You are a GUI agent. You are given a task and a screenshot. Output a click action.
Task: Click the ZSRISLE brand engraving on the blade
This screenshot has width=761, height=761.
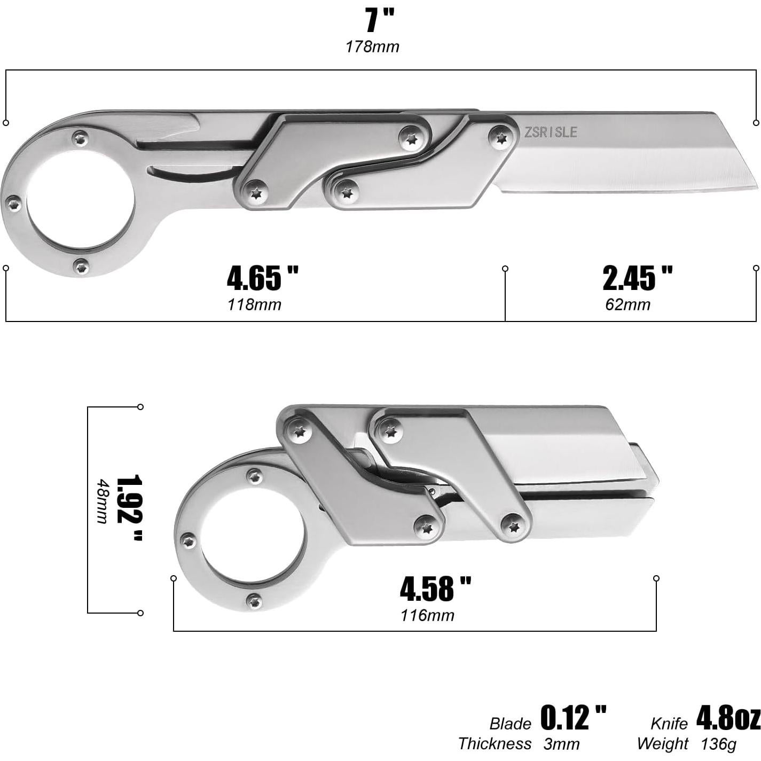point(551,132)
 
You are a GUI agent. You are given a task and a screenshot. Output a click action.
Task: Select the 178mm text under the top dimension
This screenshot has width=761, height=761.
point(372,47)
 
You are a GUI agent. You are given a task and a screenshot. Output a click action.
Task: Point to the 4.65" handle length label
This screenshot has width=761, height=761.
point(262,278)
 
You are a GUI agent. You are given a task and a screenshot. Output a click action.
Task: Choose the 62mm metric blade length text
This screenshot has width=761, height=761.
point(627,305)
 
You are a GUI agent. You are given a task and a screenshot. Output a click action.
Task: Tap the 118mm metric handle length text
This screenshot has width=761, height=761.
point(254,305)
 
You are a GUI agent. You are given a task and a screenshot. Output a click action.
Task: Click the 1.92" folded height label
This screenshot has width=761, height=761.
point(129,508)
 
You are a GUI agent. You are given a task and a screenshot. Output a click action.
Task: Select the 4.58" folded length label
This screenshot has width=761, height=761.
point(435,589)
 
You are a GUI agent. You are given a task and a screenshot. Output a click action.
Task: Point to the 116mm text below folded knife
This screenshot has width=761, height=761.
point(427,615)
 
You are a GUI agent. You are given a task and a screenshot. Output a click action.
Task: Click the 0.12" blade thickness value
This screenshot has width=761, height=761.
point(574,718)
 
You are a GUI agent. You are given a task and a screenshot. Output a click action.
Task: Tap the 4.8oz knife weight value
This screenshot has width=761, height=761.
point(728,718)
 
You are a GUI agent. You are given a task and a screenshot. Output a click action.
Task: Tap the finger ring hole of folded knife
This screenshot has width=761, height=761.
point(251,539)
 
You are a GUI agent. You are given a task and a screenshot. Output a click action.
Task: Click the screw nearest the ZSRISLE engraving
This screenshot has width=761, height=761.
point(501,137)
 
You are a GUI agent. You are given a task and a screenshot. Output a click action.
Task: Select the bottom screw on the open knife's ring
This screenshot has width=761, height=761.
point(81,265)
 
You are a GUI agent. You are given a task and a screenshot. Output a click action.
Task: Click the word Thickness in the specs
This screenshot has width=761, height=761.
point(495,743)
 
